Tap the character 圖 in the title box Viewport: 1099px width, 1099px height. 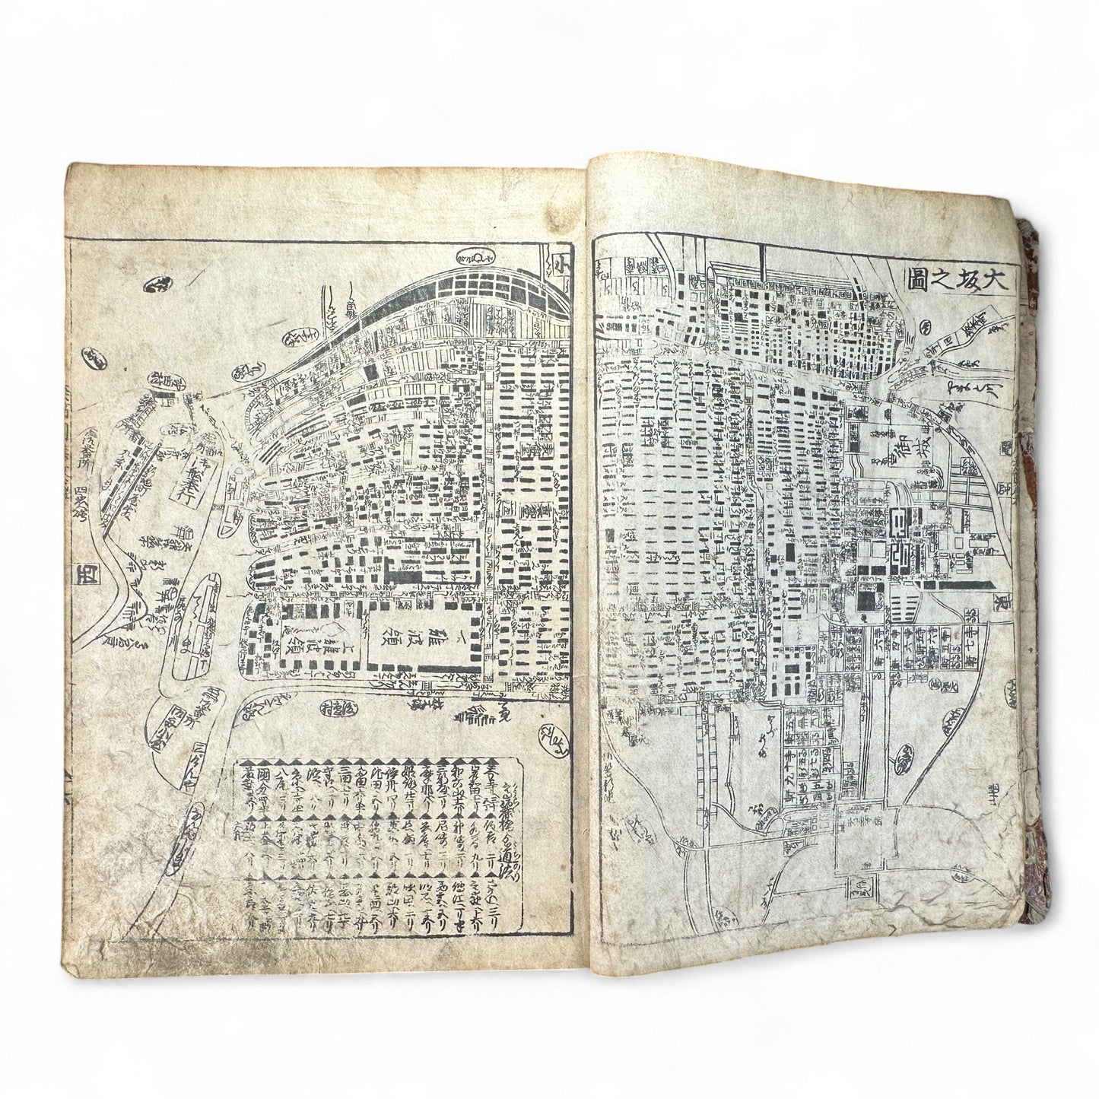click(x=920, y=281)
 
